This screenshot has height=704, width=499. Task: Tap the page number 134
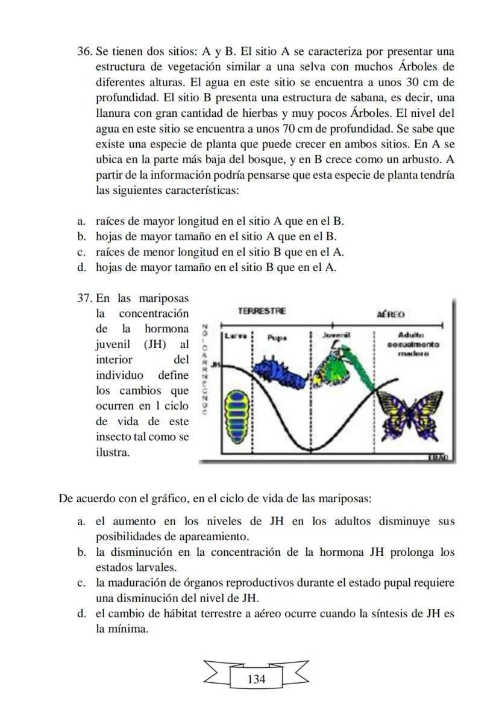256,679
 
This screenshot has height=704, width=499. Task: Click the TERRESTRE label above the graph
262,311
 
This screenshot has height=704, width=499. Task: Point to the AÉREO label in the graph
391,314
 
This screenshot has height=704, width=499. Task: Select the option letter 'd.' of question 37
81,614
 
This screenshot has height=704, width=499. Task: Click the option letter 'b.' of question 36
81,236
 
